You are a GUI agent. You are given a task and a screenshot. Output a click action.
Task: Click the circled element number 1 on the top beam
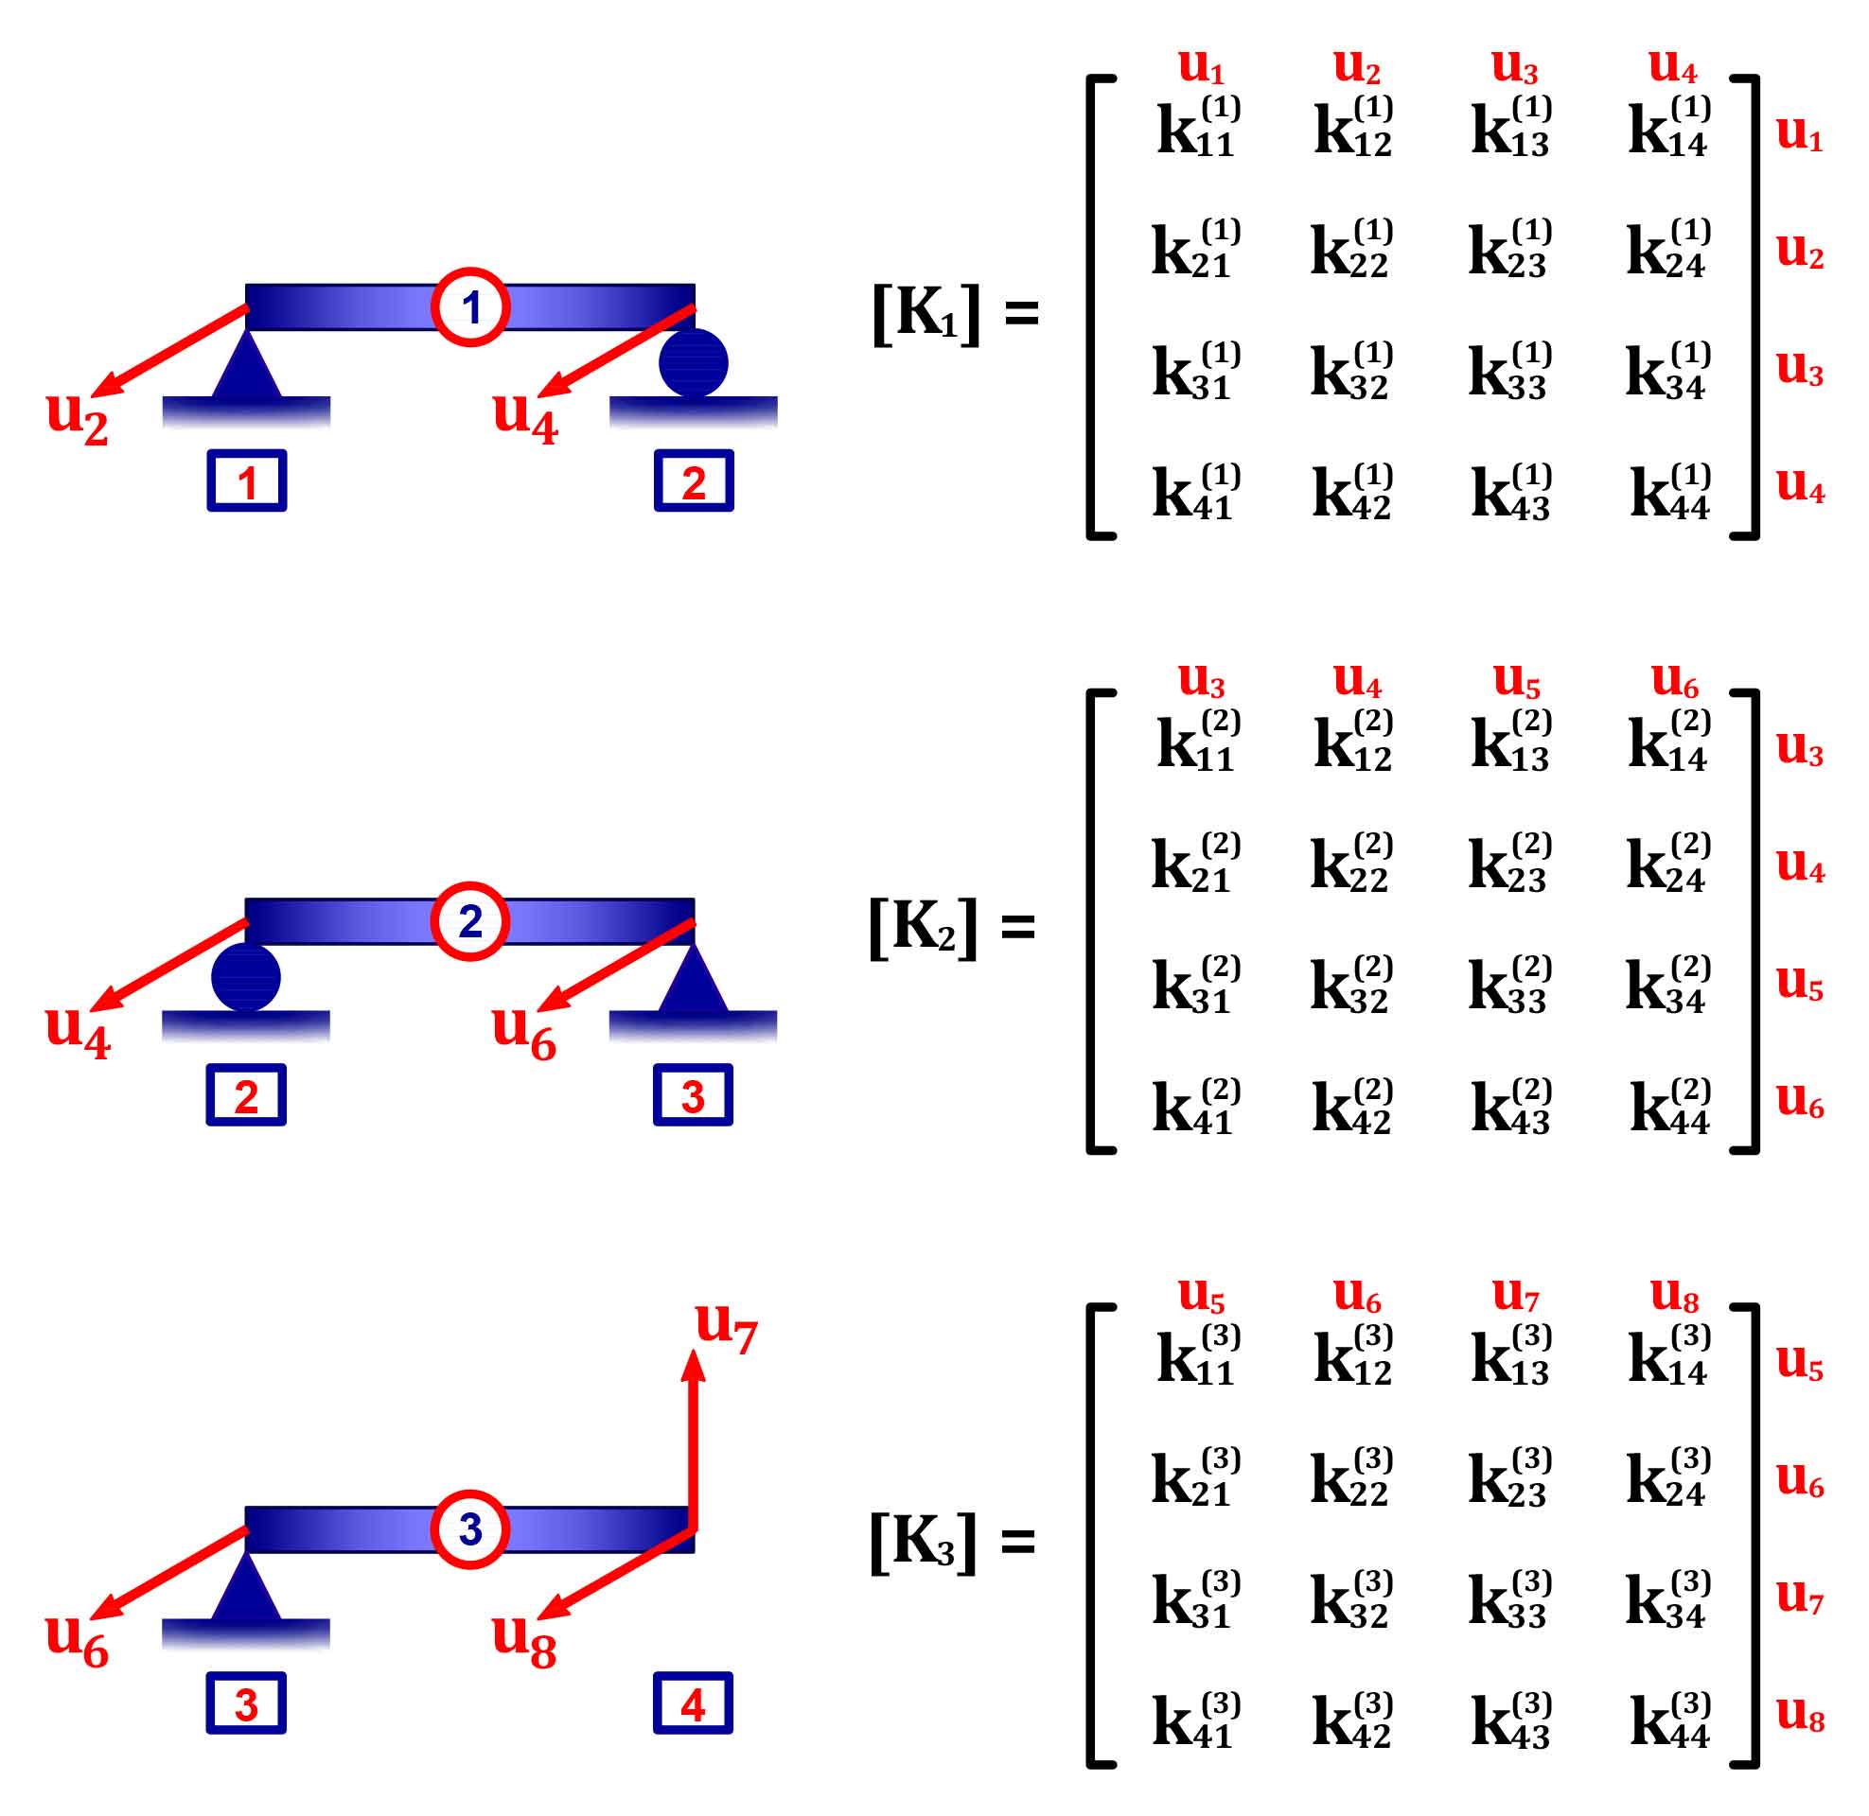click(x=469, y=307)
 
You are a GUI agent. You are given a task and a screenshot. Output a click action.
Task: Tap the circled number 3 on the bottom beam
click(x=469, y=1528)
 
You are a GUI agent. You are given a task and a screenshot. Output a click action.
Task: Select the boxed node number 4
click(x=693, y=1703)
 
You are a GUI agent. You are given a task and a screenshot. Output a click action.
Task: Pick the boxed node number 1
click(x=246, y=480)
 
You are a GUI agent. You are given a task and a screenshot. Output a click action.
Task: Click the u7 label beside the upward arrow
click(x=726, y=1326)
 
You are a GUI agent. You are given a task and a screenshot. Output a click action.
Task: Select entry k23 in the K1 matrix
click(x=1510, y=250)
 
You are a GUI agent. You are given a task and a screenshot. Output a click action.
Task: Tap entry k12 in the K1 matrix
click(x=1354, y=127)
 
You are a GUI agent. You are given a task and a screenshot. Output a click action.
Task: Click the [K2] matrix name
click(x=923, y=926)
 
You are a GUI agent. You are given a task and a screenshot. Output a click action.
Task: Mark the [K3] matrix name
click(x=923, y=1542)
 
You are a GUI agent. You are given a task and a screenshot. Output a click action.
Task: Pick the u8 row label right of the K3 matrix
click(x=1799, y=1713)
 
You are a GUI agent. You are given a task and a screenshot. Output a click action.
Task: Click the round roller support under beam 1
click(x=694, y=362)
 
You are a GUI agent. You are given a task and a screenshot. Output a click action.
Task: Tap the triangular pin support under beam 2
click(x=693, y=981)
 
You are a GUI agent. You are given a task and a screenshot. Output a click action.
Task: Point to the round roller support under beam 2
click(x=246, y=978)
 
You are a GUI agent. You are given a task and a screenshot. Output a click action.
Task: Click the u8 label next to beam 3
click(x=522, y=1639)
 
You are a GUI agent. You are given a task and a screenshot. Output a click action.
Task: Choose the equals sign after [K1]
click(x=1022, y=313)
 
